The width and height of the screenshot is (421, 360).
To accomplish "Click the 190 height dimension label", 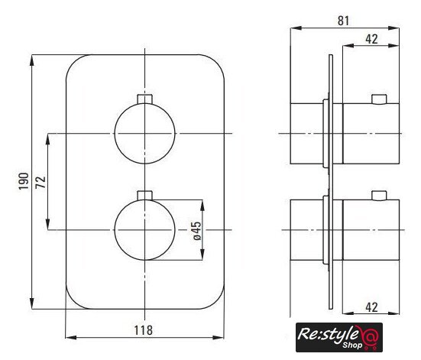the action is click(24, 181).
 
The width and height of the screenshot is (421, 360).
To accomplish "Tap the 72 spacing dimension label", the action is click(40, 183).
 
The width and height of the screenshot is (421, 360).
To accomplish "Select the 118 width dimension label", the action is click(144, 330).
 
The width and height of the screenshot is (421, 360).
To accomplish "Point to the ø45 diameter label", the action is click(197, 231).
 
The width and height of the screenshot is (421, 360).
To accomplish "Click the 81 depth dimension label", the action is click(343, 21).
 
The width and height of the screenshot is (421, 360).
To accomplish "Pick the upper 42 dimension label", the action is click(371, 39).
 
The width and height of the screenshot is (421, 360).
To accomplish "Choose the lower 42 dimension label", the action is click(371, 307).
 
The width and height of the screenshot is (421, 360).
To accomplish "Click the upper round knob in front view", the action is click(144, 133).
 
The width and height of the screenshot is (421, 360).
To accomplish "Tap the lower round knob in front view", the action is click(144, 230).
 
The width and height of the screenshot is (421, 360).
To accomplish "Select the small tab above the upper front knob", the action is click(144, 99).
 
